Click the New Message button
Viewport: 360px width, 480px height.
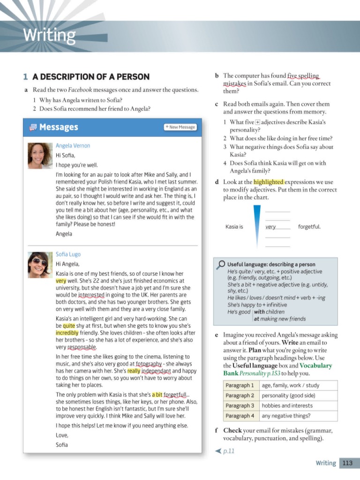tap(180, 127)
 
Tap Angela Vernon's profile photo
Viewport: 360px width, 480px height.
tap(40, 156)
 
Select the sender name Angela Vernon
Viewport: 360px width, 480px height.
tap(73, 146)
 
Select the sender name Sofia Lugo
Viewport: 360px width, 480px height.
tap(68, 254)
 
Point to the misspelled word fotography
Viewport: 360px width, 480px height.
tap(149, 363)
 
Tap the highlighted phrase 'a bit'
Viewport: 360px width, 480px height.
tap(157, 394)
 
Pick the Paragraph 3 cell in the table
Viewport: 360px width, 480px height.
tap(240, 405)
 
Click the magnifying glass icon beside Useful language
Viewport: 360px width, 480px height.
tap(221, 265)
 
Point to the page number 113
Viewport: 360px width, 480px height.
tap(347, 463)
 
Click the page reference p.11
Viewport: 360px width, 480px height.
tap(228, 451)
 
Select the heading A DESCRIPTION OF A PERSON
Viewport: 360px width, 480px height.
tap(91, 77)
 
